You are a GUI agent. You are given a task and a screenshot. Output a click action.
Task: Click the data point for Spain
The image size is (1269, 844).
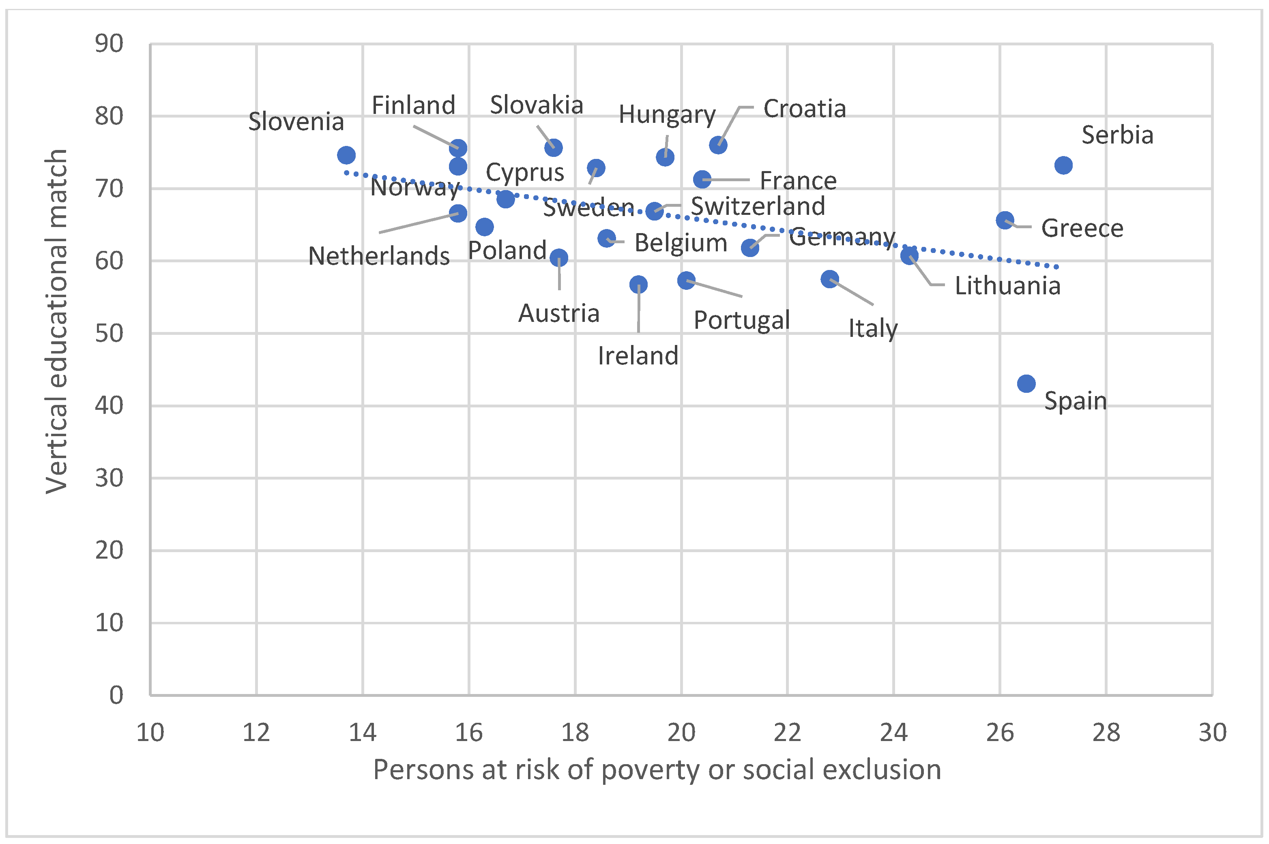[1026, 384]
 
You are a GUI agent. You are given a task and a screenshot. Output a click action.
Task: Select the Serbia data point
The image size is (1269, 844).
[1063, 165]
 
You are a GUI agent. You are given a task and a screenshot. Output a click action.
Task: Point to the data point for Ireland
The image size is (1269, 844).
[638, 284]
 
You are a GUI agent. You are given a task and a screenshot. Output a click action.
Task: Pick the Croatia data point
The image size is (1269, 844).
[718, 146]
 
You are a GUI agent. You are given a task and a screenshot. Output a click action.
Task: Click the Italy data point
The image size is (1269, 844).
[830, 279]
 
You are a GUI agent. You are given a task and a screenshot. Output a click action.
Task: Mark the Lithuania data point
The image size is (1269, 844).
[909, 256]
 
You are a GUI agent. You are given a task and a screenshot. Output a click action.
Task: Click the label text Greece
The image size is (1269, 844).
[1082, 229]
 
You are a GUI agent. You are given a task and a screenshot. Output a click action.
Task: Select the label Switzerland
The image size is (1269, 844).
[758, 207]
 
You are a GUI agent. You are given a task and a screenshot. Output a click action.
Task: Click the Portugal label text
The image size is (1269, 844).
[741, 321]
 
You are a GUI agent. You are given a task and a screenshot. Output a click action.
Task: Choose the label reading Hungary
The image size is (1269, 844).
[667, 115]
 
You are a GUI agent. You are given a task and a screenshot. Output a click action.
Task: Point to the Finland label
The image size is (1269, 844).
[414, 105]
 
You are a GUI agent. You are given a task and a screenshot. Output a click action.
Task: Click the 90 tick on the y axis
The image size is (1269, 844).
[109, 44]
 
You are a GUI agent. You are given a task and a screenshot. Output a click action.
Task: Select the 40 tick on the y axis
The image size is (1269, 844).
[109, 406]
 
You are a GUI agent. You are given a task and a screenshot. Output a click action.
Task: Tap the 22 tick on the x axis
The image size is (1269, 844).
[788, 733]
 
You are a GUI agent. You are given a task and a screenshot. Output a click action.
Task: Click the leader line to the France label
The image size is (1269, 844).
[727, 180]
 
